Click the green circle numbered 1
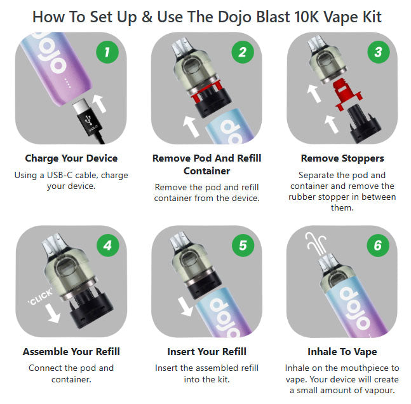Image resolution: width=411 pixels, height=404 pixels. [x=107, y=52]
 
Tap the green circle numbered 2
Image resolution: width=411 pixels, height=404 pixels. [x=243, y=52]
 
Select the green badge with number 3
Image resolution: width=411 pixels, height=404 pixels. [x=378, y=52]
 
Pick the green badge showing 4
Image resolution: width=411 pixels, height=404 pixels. [x=108, y=246]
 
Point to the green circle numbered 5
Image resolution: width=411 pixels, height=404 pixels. [x=243, y=246]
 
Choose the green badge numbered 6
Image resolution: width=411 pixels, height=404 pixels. [x=378, y=246]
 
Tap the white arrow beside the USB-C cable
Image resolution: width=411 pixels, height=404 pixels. [x=100, y=104]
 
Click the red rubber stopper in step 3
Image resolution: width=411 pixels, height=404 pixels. [x=346, y=94]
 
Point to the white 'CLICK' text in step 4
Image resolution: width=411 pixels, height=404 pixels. [x=40, y=297]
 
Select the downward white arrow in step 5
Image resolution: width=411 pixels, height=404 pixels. [x=185, y=307]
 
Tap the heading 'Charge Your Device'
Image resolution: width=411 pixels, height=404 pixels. [x=71, y=158]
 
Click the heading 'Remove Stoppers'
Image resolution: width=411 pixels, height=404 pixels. [x=342, y=158]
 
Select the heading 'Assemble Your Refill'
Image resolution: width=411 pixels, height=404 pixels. [x=71, y=351]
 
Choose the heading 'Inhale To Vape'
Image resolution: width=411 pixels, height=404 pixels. [x=342, y=351]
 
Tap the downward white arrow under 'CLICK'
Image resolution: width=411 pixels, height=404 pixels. [x=53, y=313]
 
